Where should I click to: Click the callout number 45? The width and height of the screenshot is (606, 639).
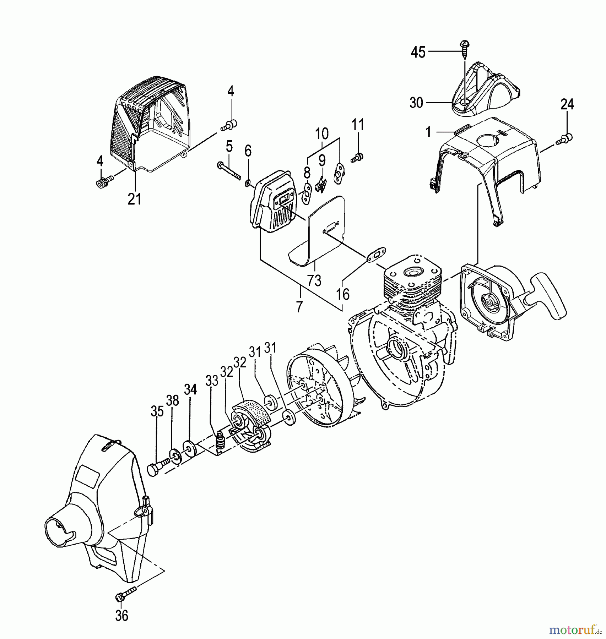click(418, 53)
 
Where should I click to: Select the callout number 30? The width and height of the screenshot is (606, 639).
click(416, 103)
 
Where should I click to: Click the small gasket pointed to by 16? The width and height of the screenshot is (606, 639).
click(373, 258)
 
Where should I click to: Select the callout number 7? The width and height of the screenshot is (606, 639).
click(299, 306)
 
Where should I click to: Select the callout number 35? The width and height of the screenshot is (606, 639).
click(157, 412)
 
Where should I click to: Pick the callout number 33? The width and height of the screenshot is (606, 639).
click(212, 381)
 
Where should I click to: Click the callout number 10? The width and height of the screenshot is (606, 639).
click(322, 134)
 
